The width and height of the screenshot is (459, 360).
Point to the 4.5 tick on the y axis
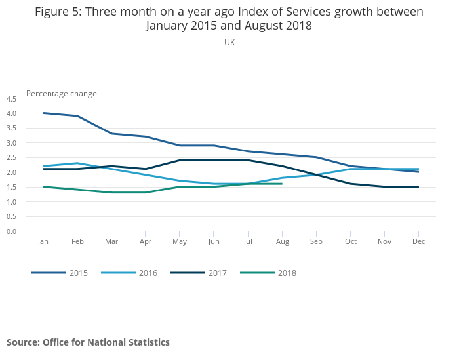[x=11, y=99]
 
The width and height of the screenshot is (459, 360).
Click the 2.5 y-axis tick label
[x=11, y=157]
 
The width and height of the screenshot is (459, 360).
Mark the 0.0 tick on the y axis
[x=11, y=231]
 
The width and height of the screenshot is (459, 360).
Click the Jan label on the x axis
[x=43, y=242]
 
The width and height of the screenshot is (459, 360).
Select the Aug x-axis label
[x=282, y=242]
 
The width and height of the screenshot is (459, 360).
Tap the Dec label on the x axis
[x=418, y=242]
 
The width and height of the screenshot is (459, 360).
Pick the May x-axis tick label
[x=180, y=242]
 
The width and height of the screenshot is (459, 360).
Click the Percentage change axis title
[x=62, y=94]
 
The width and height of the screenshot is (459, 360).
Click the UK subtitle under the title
[x=229, y=43]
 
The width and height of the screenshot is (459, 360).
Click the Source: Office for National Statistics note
[x=88, y=342]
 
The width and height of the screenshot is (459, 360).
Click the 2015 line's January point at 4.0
[x=43, y=113]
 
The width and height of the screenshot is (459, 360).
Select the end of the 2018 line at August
[x=282, y=184]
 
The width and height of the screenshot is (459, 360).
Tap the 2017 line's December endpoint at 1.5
[x=418, y=187]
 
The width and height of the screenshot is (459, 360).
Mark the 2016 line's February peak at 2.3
[x=77, y=163]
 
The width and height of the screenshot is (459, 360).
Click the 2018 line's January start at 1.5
[x=43, y=187]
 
